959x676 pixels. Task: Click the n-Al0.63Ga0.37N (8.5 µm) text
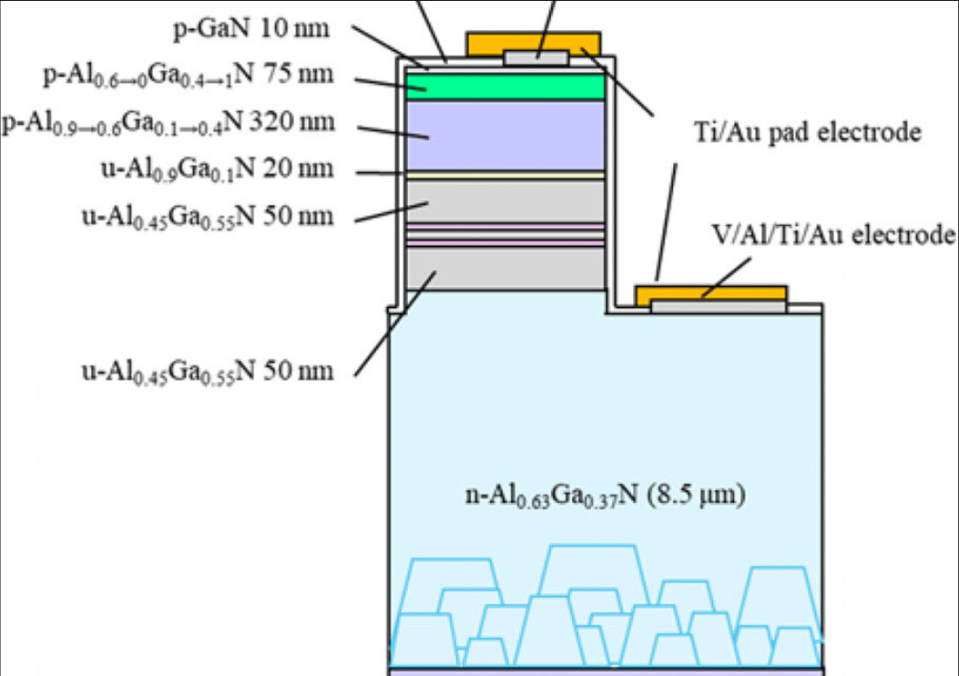[x=605, y=496]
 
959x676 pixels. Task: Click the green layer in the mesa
[x=505, y=85]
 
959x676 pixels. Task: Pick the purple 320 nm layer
[x=505, y=134]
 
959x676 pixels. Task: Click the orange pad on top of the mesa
[x=533, y=42]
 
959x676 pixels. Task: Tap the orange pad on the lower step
[x=710, y=292]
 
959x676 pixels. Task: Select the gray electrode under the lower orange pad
[x=719, y=306]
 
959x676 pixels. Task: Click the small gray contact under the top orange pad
[x=536, y=57]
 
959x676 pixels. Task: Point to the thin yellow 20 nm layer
[x=505, y=174]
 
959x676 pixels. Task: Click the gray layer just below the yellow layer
[x=505, y=200]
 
